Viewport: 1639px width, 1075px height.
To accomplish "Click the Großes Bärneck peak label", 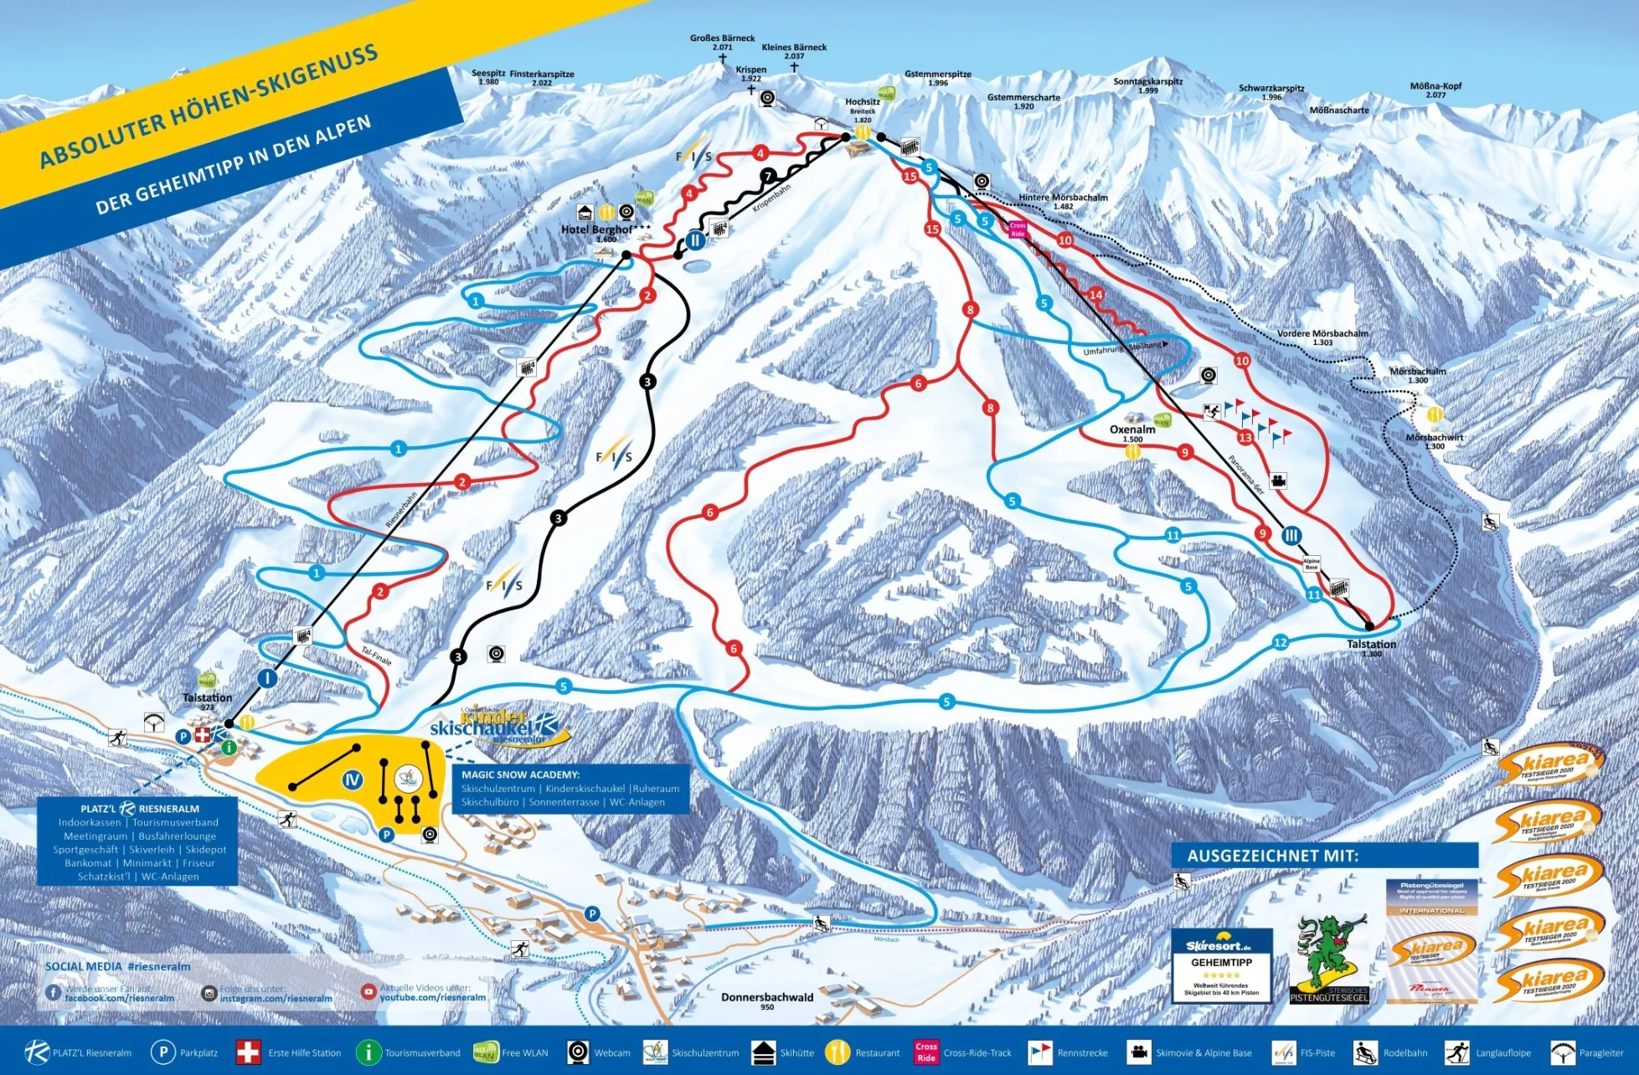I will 722,39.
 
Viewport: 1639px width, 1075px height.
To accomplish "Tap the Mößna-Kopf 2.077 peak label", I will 1435,86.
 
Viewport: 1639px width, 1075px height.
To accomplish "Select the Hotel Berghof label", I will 596,229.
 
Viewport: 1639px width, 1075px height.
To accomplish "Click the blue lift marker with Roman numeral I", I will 267,678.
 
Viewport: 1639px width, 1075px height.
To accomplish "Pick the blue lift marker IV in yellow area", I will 353,780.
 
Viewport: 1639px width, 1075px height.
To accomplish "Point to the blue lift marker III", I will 1291,535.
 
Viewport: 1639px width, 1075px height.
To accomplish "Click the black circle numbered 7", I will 768,176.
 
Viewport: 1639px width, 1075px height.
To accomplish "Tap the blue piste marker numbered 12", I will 1280,642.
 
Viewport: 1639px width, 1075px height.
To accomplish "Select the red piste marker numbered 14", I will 1096,295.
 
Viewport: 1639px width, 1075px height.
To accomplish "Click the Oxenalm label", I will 1132,429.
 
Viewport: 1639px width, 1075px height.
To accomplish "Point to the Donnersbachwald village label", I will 766,997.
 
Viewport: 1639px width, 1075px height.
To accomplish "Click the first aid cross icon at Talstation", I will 202,735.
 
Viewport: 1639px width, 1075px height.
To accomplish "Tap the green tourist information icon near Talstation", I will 228,746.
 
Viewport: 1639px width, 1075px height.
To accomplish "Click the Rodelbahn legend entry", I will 1392,1052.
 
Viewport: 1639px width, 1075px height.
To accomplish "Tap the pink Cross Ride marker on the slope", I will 1018,229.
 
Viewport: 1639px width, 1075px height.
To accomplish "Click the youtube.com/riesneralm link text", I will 432,997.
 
